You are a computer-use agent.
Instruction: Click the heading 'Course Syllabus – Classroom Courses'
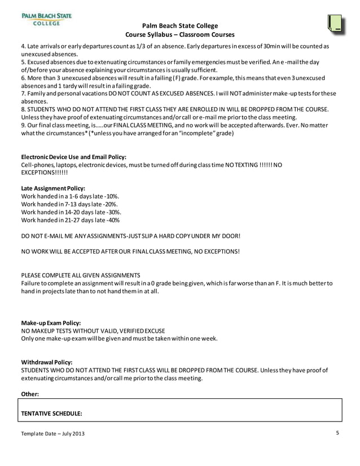179,34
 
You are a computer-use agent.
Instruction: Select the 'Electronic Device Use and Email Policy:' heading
73,156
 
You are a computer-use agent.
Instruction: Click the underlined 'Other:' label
30,394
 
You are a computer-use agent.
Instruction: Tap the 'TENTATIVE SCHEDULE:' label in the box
52,413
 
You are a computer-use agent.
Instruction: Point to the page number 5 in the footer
337,433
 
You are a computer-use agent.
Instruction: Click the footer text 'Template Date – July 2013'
54,433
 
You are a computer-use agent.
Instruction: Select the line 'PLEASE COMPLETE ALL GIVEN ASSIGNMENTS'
80,275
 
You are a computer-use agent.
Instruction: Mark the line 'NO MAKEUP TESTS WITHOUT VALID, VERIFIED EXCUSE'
93,331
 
